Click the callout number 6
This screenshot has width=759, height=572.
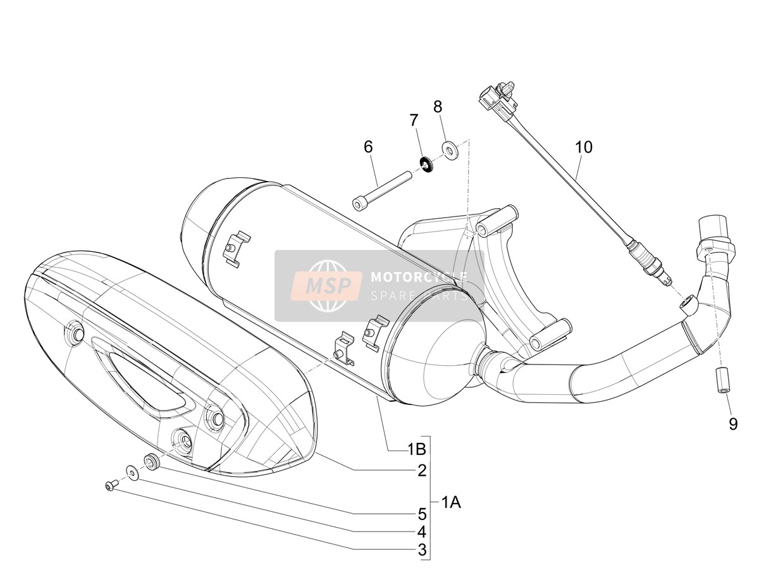pyautogui.click(x=368, y=147)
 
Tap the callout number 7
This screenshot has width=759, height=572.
pyautogui.click(x=414, y=120)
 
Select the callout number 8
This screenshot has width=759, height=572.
pyautogui.click(x=438, y=107)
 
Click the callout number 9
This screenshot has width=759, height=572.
pyautogui.click(x=733, y=424)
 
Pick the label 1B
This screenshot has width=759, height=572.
pyautogui.click(x=417, y=449)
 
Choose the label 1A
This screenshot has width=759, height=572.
pyautogui.click(x=451, y=502)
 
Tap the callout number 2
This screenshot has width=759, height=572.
pyautogui.click(x=422, y=471)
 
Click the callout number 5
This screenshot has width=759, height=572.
pyautogui.click(x=422, y=514)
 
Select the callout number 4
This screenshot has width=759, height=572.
pyautogui.click(x=422, y=532)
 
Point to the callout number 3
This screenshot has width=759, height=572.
pyautogui.click(x=422, y=550)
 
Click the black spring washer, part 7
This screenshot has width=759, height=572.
pyautogui.click(x=428, y=165)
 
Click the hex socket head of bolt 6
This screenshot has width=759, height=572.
pyautogui.click(x=358, y=204)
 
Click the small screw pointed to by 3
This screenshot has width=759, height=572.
pyautogui.click(x=110, y=486)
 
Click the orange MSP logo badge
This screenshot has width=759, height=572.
pyautogui.click(x=326, y=285)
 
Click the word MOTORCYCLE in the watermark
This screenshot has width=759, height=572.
pyautogui.click(x=419, y=277)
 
